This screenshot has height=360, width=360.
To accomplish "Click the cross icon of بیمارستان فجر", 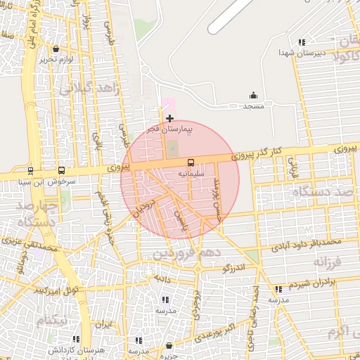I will pos(169,118).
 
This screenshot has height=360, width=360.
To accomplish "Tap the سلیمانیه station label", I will pos(191,172).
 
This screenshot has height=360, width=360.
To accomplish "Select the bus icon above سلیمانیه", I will pos(191,162).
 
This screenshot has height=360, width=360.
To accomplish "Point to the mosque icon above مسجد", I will pos(253,96).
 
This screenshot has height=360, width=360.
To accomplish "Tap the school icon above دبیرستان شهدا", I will pos(302,42).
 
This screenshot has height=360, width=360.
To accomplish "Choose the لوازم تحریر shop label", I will pos(56,59).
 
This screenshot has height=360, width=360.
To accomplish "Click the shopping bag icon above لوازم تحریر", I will pos(56,49).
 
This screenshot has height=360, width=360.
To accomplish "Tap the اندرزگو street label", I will pos(233,268).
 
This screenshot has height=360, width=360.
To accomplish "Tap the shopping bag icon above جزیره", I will pos(169,345).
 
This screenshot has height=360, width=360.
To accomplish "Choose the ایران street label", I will pos(104,325).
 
